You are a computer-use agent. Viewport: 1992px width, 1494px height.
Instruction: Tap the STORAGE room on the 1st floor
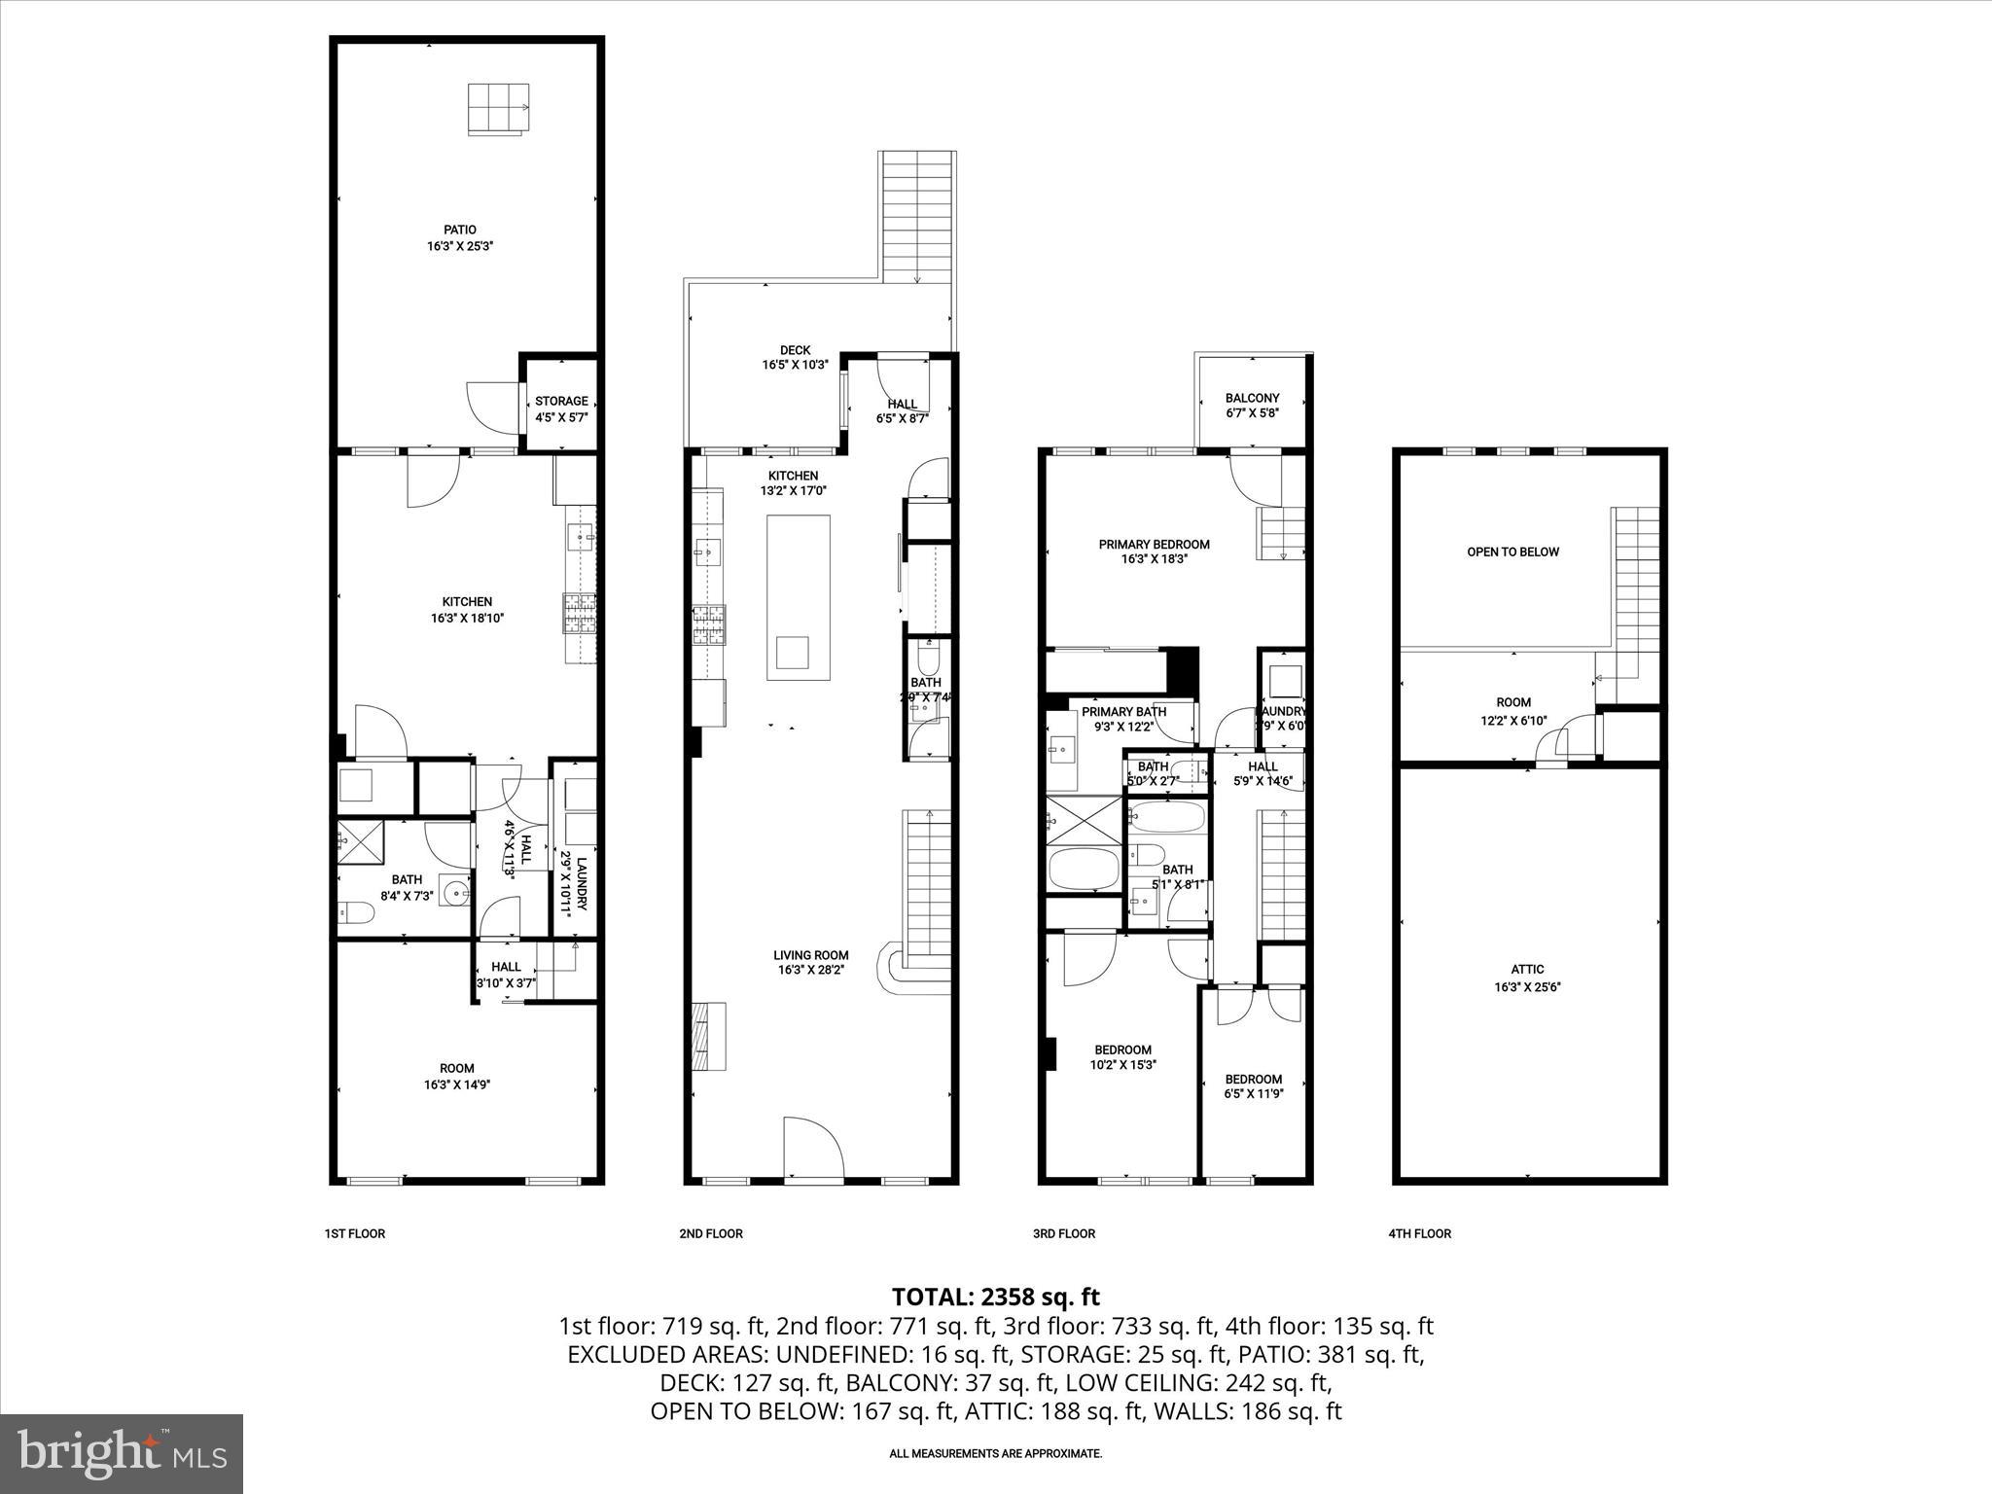point(561,408)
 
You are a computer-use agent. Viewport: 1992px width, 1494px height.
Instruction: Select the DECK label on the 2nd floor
point(795,350)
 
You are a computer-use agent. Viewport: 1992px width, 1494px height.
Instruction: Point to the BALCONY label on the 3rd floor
point(1252,398)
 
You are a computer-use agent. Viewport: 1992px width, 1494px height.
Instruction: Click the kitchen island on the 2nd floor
point(798,596)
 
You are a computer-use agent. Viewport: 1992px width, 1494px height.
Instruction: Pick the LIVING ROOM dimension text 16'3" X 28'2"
point(812,970)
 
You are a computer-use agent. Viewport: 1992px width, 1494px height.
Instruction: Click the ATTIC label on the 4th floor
point(1527,969)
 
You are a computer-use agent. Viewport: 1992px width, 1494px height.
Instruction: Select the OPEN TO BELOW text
point(1512,551)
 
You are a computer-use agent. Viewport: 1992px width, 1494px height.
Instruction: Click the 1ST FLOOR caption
point(354,1233)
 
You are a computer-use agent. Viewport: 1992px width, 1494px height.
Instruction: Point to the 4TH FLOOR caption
point(1419,1233)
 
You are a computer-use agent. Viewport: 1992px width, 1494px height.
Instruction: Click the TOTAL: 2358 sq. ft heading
point(995,1297)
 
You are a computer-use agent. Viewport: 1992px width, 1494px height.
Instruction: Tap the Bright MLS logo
point(122,1453)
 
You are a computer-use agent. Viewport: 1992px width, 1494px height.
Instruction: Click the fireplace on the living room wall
point(707,1036)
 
